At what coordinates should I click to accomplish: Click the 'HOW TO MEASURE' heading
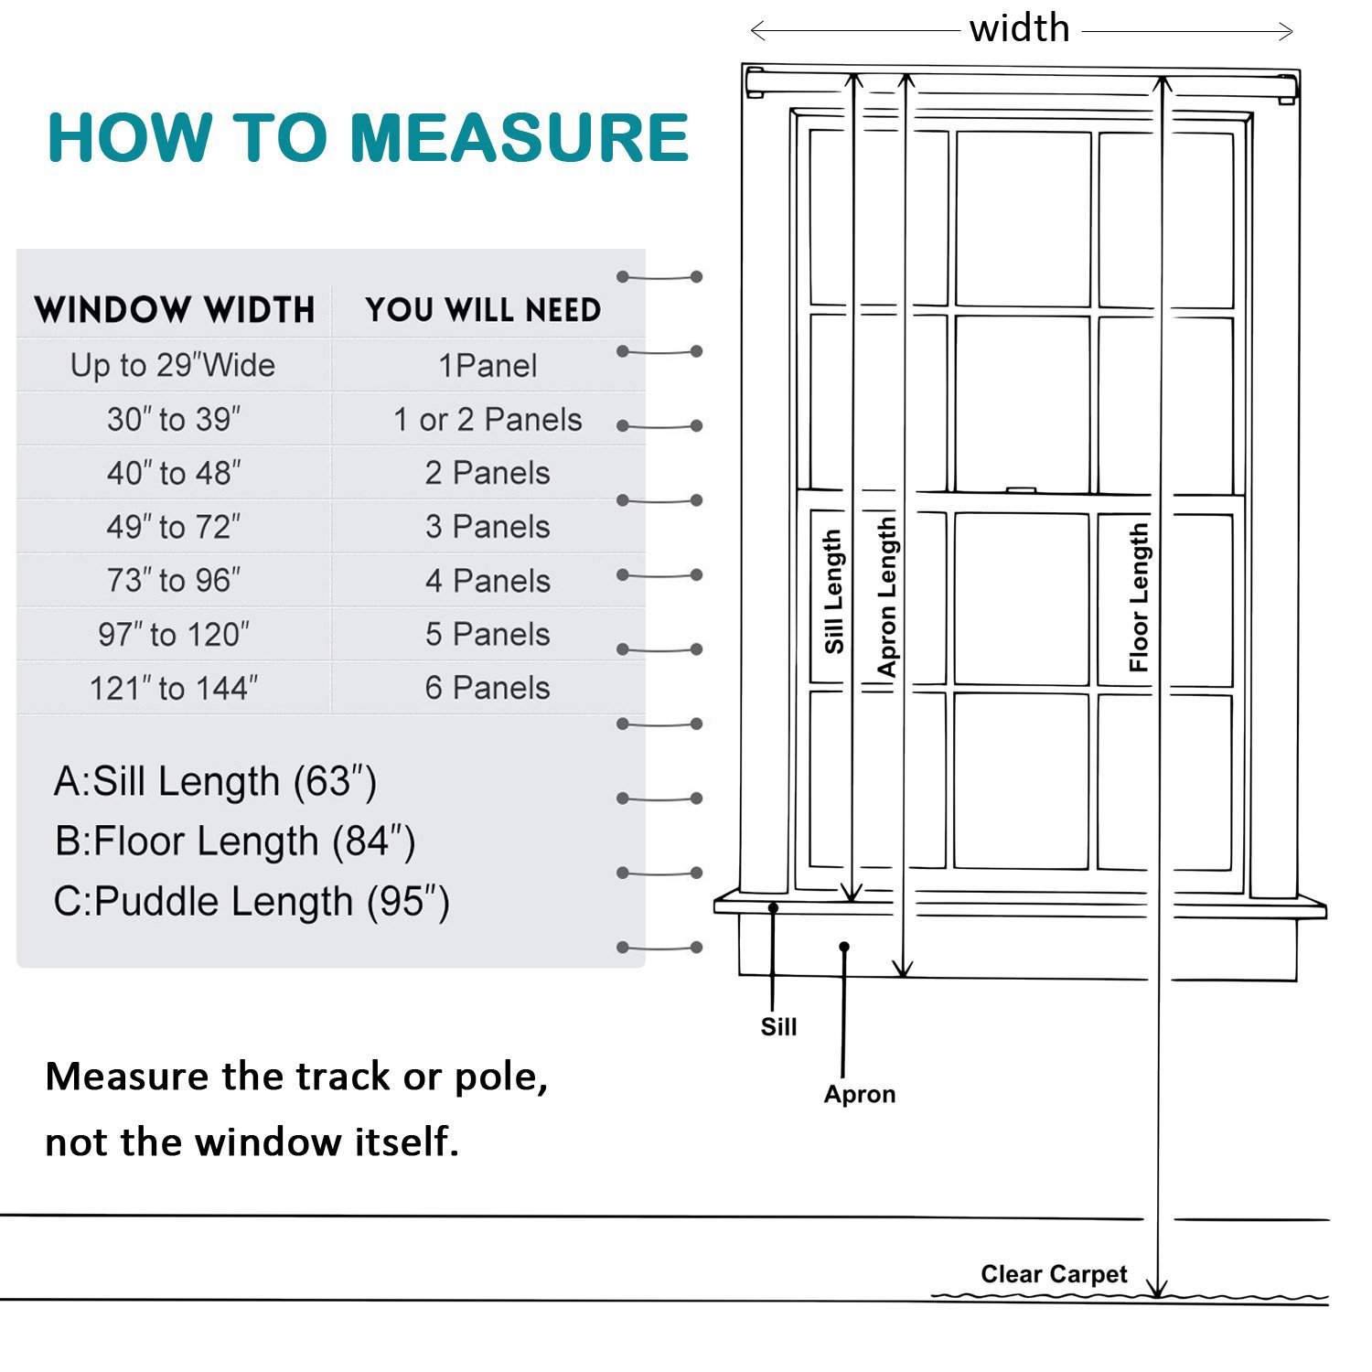[368, 138]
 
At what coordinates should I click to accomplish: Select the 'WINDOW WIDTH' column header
[175, 310]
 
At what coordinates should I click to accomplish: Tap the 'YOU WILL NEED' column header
[483, 310]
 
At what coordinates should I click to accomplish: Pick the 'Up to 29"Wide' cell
[173, 366]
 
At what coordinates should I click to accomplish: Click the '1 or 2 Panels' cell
[488, 420]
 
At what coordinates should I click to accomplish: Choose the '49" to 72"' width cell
[173, 527]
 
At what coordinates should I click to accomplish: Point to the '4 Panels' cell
[488, 581]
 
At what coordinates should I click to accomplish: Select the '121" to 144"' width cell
[173, 688]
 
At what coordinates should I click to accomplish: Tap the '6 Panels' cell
[488, 688]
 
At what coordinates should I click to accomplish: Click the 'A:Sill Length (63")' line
[215, 782]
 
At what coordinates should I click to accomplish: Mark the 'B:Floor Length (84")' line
[235, 841]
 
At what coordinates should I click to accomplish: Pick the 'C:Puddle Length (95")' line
[252, 902]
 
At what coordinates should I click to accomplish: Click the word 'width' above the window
[1020, 29]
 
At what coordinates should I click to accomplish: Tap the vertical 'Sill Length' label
[833, 592]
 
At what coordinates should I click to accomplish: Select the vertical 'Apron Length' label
[886, 596]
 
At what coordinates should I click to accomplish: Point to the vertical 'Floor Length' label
[1139, 597]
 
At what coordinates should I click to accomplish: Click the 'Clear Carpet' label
[1054, 1274]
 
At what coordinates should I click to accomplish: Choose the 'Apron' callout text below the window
[859, 1094]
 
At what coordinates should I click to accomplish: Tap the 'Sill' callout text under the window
[778, 1027]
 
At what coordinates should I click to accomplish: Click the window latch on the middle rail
[1022, 490]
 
